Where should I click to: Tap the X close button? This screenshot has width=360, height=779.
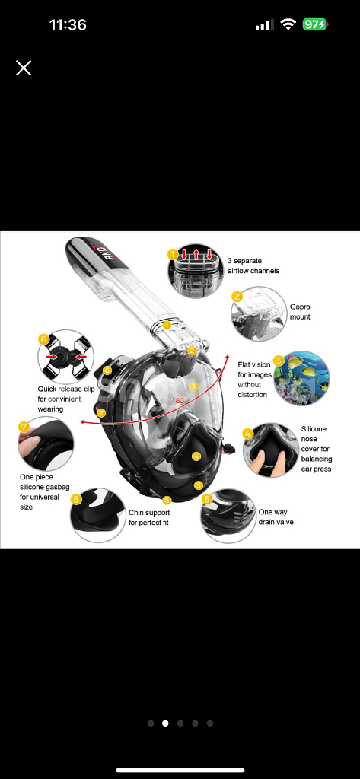[24, 68]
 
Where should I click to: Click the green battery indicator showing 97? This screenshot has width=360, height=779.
[314, 24]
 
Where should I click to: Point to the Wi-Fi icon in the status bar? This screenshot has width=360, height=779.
[288, 24]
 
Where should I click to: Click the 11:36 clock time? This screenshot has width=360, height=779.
[68, 24]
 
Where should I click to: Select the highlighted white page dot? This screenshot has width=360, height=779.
[166, 723]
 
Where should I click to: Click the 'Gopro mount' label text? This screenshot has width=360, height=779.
[301, 312]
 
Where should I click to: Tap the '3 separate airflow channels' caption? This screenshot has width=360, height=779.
[253, 265]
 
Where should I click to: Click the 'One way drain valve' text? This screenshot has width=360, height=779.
[276, 517]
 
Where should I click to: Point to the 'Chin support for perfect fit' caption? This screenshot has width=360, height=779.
[149, 517]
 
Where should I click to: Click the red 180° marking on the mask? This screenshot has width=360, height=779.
[177, 400]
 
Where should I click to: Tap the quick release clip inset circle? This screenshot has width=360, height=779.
[65, 357]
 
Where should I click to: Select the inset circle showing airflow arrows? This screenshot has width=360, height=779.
[196, 271]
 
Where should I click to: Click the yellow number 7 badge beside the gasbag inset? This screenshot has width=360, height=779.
[24, 426]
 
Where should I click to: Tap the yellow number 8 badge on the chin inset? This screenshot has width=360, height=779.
[76, 499]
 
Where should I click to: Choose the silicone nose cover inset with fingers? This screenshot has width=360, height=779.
[270, 450]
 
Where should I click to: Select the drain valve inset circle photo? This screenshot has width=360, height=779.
[228, 515]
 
